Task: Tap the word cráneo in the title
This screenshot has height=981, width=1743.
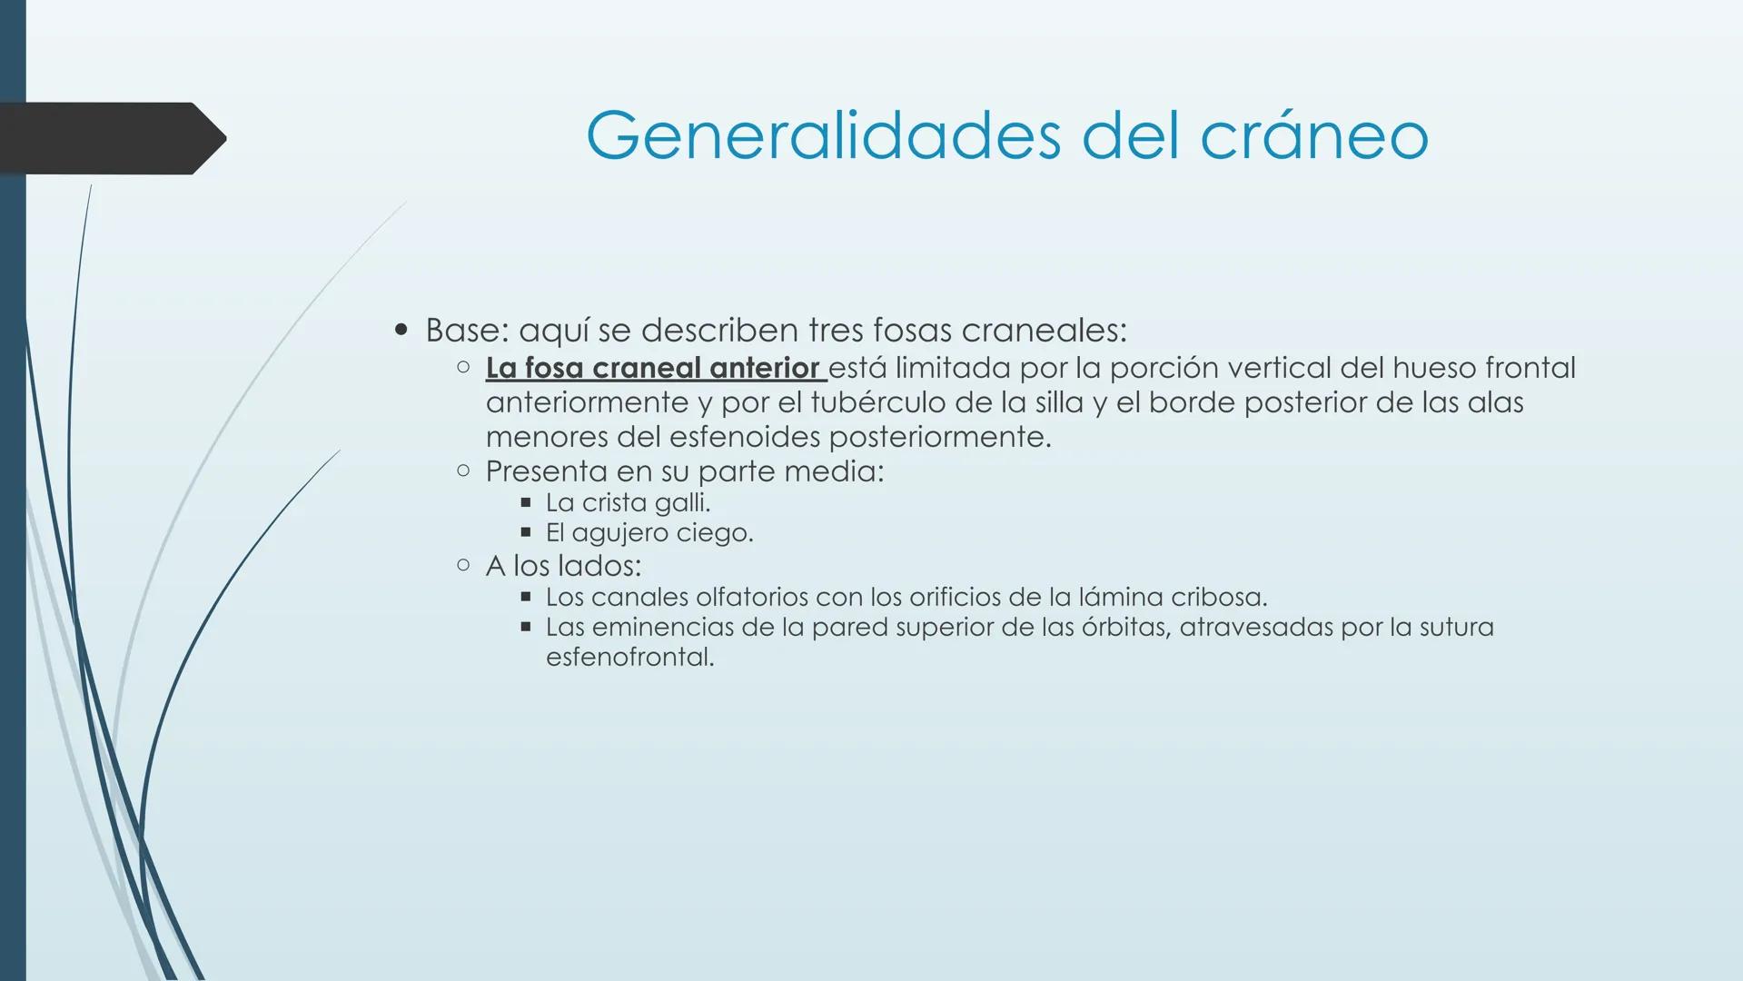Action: coord(1314,136)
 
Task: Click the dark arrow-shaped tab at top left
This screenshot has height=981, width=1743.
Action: coord(109,138)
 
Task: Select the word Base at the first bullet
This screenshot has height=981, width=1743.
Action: coord(461,330)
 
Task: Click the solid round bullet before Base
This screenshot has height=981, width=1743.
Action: coord(401,330)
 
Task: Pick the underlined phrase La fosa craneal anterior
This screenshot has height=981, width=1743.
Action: coord(653,368)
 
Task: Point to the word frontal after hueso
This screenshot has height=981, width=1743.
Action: coord(1530,368)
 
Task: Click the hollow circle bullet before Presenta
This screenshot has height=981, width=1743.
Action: coord(463,471)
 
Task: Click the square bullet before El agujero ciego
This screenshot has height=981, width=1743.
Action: coord(525,532)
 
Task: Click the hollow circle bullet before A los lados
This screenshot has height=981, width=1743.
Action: coord(463,566)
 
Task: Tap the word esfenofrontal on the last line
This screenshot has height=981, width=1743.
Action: coord(629,657)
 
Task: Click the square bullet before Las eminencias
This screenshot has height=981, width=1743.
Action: coord(525,627)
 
